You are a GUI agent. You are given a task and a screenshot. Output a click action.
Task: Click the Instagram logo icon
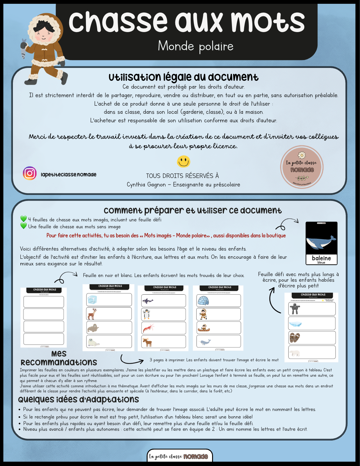pos(30,173)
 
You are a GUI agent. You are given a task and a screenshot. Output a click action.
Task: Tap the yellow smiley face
pos(183,162)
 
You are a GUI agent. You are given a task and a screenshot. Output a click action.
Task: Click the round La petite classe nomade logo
pos(302,167)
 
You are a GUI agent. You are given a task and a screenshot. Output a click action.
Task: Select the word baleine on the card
pos(321,258)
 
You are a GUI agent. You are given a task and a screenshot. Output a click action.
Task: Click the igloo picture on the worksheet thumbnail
pos(203,301)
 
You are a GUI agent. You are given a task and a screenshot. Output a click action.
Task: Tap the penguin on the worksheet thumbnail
pos(146,314)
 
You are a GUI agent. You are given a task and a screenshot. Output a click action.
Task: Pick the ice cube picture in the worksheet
pos(92,300)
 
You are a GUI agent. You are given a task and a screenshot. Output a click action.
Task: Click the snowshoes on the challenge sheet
pos(295,338)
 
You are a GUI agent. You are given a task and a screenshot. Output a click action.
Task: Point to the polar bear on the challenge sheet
pos(295,353)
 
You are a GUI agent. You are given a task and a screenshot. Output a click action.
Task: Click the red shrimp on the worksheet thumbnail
pos(148,328)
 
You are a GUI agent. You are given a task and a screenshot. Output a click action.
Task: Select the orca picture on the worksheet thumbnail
pos(148,301)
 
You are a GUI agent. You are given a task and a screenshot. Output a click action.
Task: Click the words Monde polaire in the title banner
pos(195,46)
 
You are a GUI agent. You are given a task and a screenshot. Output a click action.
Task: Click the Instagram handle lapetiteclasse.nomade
pos(68,175)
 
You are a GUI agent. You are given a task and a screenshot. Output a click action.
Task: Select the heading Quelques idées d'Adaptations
pos(78,399)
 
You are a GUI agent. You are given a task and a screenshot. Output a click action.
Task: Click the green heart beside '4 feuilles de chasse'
pos(24,219)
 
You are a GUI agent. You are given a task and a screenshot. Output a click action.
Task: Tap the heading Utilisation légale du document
pos(183,77)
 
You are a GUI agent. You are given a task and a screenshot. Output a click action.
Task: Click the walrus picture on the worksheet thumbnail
pos(93,328)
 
